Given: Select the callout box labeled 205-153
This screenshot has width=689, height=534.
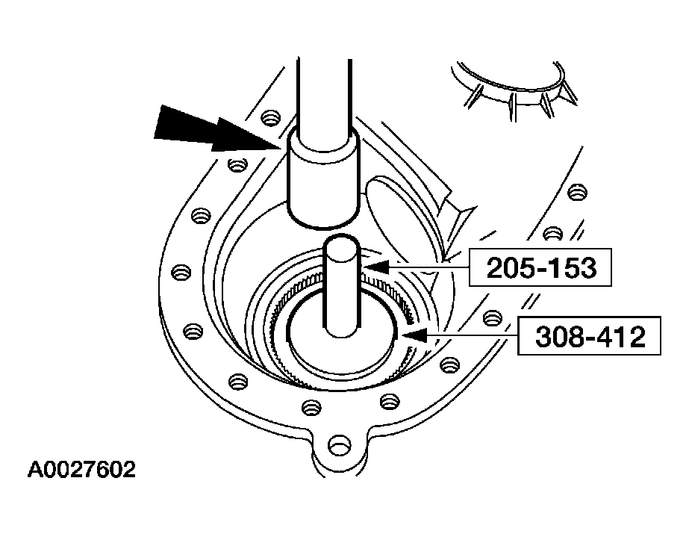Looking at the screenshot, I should (x=540, y=267).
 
